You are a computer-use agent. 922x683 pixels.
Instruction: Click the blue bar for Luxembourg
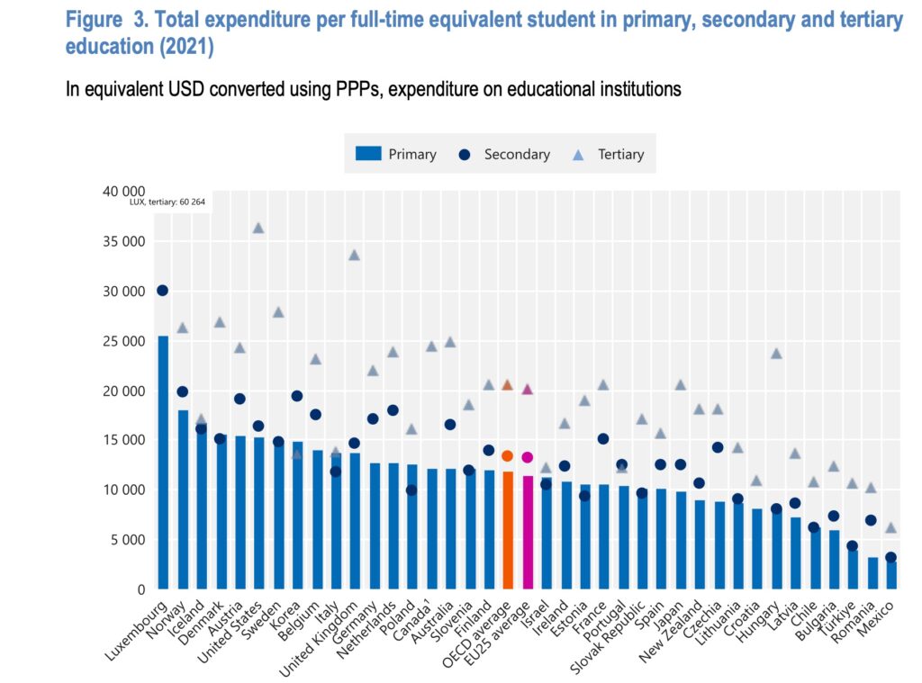tap(163, 463)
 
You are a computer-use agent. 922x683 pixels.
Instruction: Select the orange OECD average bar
tap(507, 530)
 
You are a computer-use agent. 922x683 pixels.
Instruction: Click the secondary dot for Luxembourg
tap(162, 291)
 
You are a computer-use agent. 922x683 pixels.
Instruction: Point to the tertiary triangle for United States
tap(258, 228)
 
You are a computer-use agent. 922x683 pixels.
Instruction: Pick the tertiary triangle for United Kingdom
tap(354, 255)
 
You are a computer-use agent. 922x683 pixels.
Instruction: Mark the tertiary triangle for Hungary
tap(776, 353)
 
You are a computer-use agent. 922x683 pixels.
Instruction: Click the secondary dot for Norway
tap(183, 391)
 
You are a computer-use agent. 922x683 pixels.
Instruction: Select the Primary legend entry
tap(397, 154)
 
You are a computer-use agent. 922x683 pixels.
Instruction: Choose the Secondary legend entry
tap(504, 154)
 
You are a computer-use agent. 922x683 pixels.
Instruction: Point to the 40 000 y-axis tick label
tap(122, 192)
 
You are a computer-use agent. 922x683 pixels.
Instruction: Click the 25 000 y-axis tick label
tap(122, 341)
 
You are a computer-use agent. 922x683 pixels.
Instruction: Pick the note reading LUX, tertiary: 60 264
tap(167, 202)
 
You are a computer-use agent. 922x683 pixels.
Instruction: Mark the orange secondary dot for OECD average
tap(507, 456)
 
